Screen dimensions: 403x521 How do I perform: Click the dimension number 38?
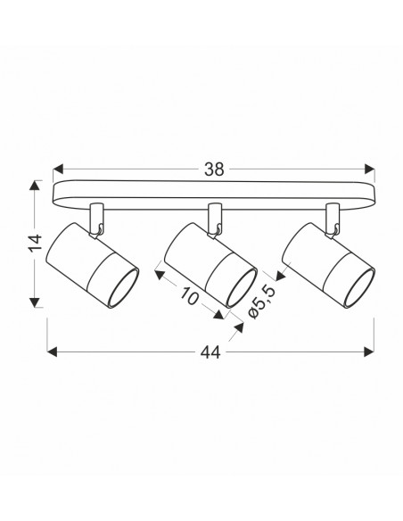[214, 170]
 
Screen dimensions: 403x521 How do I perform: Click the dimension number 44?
[210, 352]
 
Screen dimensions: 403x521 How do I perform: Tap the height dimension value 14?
[37, 243]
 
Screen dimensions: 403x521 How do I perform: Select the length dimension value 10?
[190, 295]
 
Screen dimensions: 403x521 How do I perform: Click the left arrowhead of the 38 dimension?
[58, 169]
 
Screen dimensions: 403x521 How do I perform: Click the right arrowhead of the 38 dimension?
[369, 169]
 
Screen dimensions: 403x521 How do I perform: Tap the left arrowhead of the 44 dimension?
[52, 351]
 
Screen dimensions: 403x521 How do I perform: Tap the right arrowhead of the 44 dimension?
[369, 351]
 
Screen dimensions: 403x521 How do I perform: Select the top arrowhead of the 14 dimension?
[34, 186]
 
